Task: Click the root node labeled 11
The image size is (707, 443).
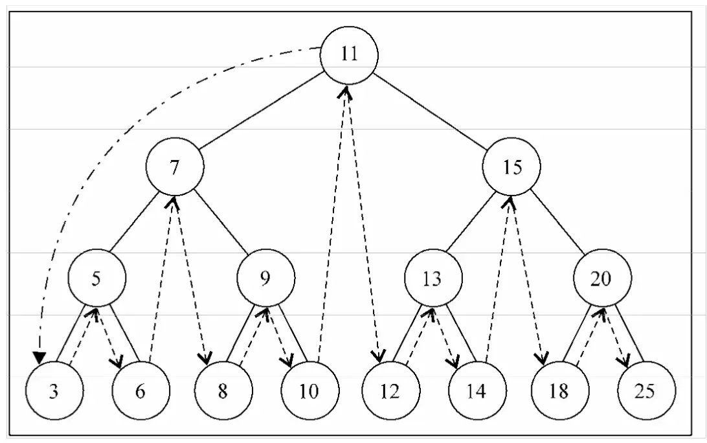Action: click(349, 55)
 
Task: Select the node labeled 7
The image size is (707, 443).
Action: click(175, 166)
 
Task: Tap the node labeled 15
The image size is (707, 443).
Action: click(511, 166)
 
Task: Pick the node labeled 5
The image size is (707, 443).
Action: click(96, 278)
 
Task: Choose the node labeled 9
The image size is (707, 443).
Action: click(266, 278)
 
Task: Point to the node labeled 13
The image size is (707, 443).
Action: click(433, 278)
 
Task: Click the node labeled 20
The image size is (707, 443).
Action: click(602, 278)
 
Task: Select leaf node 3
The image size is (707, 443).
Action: click(54, 391)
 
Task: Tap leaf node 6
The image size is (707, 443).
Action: click(140, 391)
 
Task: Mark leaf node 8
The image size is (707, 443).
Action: click(223, 391)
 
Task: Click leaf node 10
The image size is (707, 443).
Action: click(309, 391)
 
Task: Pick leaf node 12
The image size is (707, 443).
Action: click(391, 391)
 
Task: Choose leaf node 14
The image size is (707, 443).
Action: click(478, 391)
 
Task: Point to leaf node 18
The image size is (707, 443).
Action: click(560, 391)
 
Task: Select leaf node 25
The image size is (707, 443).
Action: click(647, 391)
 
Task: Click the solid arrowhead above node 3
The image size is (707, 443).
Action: click(39, 358)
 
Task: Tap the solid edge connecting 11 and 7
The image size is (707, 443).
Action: click(261, 111)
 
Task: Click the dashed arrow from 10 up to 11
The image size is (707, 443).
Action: click(333, 224)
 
